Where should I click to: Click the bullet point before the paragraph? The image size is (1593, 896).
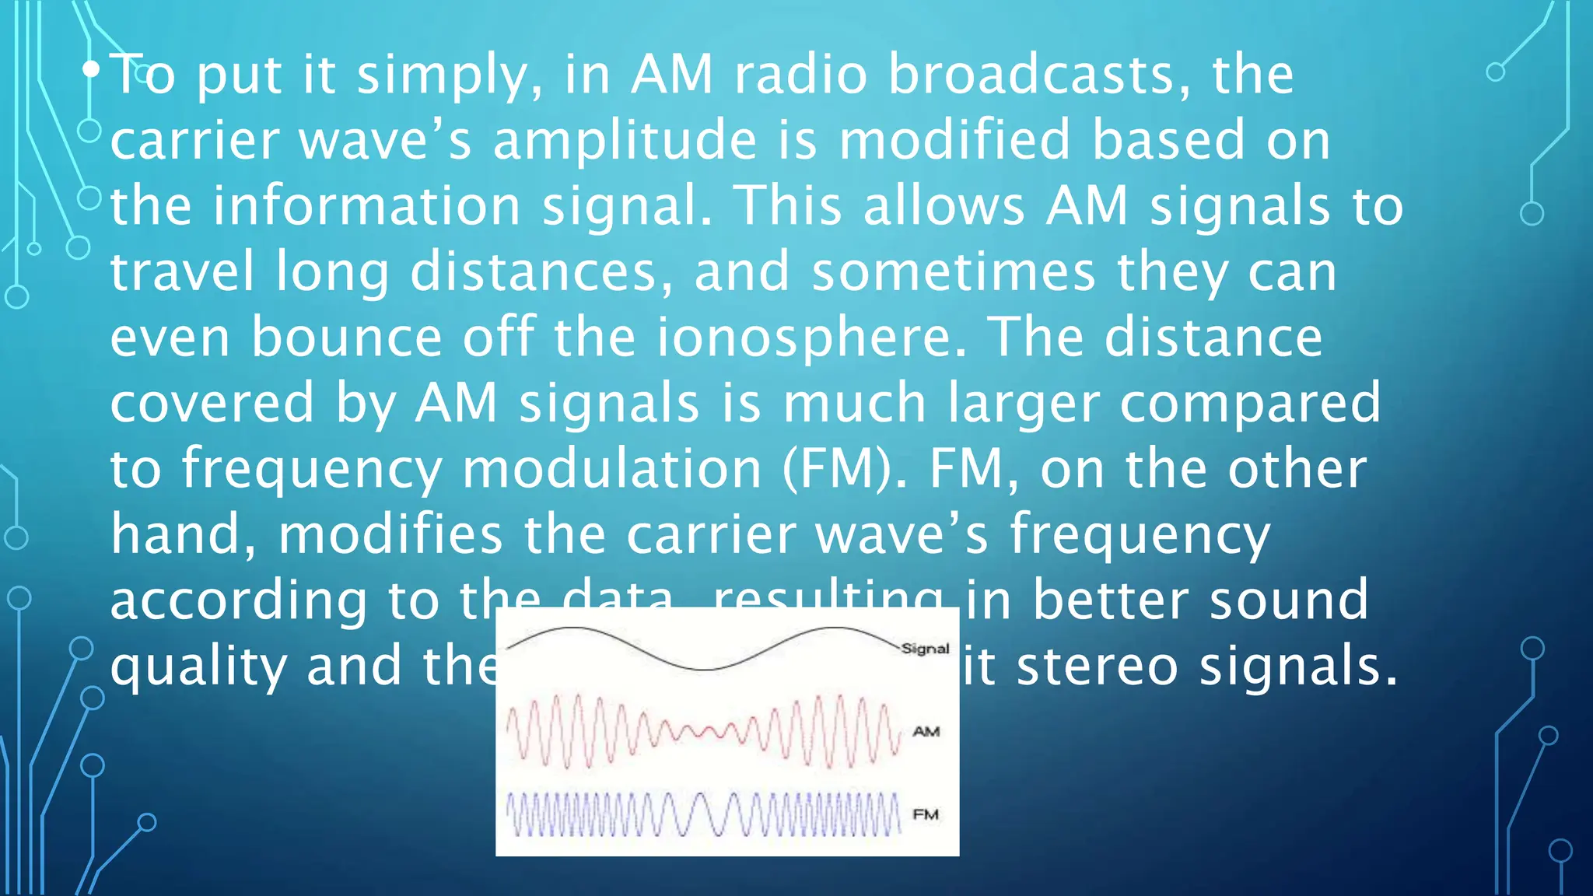coord(91,71)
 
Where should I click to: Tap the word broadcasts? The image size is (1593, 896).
coord(1039,75)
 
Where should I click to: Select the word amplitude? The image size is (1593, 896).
coord(625,141)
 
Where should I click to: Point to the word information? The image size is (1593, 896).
coord(366,206)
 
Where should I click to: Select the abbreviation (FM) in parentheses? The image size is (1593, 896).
coord(844,469)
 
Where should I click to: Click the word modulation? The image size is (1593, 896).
coord(611,469)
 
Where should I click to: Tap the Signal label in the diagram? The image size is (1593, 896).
coord(925,649)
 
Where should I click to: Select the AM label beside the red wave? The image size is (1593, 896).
coord(926,731)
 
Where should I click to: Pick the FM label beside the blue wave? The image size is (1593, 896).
coord(926,814)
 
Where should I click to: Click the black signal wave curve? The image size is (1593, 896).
coord(704,667)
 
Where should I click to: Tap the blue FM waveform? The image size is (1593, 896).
coord(704,814)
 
